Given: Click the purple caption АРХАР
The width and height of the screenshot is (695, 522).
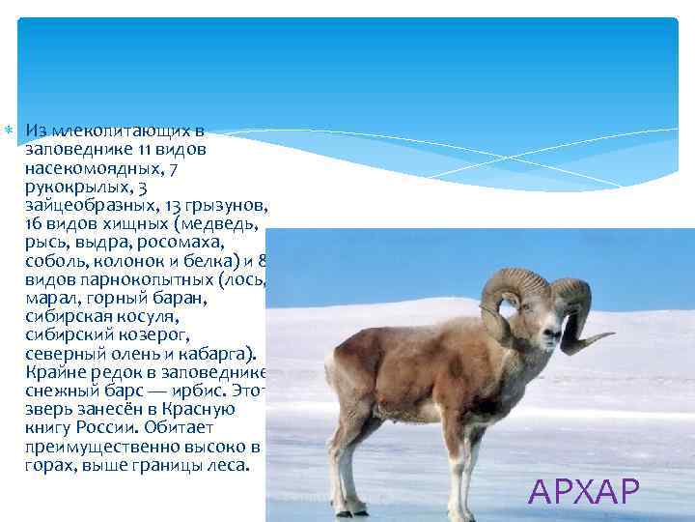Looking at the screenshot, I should (584, 492).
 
